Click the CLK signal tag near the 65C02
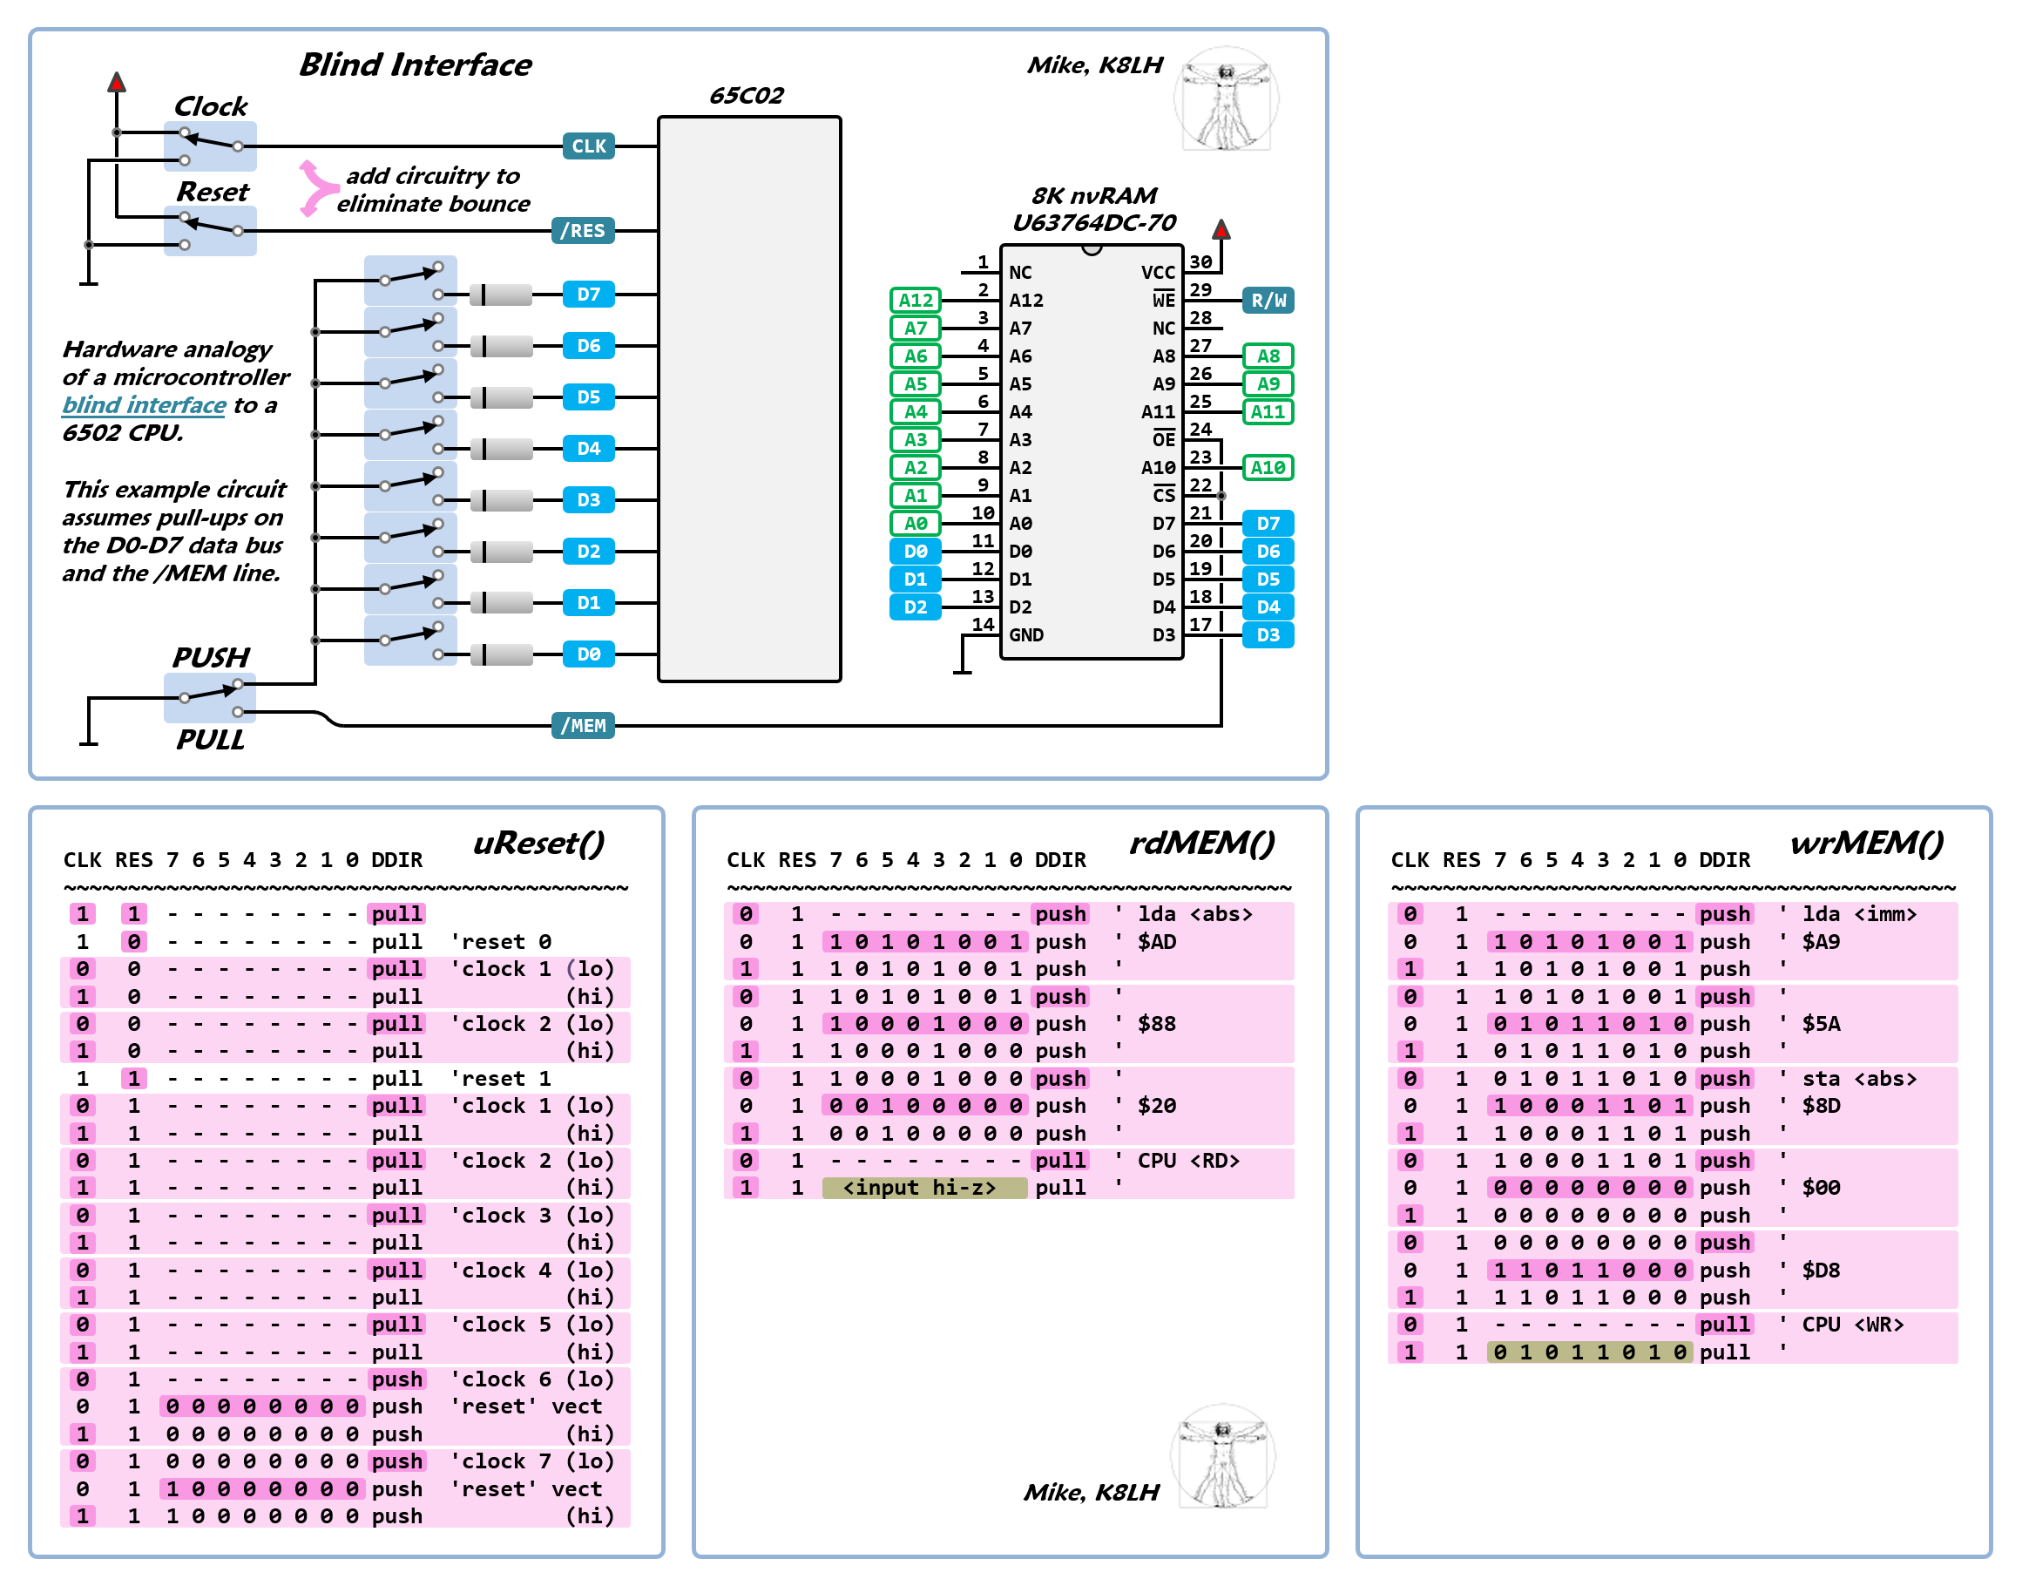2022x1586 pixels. (589, 146)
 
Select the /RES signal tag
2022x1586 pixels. (582, 230)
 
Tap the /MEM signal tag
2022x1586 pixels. (582, 725)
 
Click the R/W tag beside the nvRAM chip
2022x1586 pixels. (1268, 300)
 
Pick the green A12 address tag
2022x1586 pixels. (916, 300)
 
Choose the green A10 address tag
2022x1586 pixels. (1268, 467)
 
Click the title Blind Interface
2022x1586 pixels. (415, 65)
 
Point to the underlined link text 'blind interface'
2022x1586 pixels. (144, 405)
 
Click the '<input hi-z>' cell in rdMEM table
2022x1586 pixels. (923, 1188)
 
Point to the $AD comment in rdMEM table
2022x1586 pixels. (1157, 941)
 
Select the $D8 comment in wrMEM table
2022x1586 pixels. (1821, 1271)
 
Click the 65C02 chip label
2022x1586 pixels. (747, 96)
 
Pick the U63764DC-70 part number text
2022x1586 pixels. (1093, 223)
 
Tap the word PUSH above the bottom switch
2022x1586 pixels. (211, 657)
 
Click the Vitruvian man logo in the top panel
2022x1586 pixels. (1227, 99)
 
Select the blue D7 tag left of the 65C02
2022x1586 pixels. (589, 295)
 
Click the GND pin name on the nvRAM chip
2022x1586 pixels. (1026, 635)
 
